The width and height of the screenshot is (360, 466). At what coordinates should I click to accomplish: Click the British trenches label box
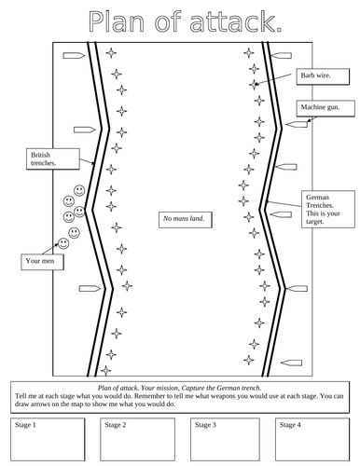click(43, 159)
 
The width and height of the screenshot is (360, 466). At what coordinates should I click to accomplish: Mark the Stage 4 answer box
click(312, 439)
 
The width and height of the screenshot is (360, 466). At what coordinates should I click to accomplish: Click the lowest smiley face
click(62, 243)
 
